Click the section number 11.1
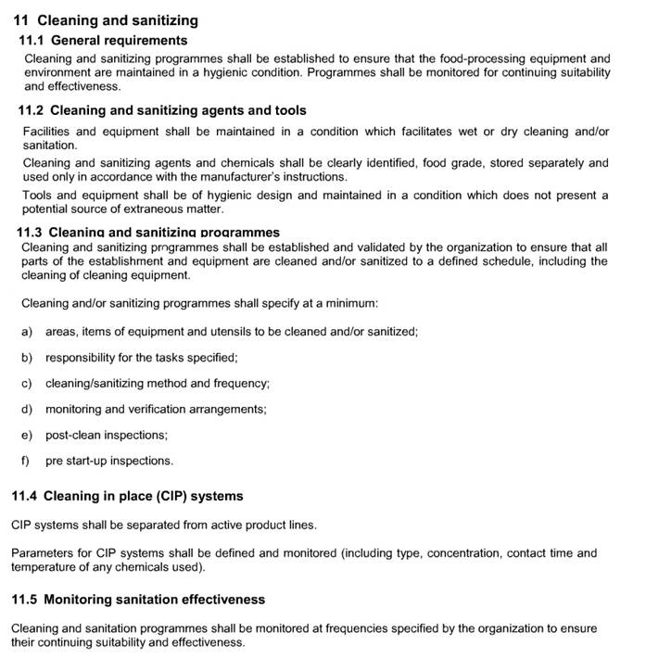click(32, 41)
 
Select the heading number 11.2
click(32, 111)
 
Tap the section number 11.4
click(24, 497)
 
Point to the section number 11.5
click(24, 600)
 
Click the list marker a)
click(26, 332)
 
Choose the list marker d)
click(26, 409)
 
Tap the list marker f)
click(25, 461)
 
